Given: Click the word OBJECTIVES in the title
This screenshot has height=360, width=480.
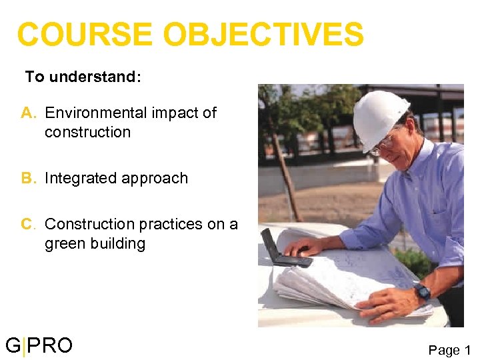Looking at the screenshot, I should click(x=263, y=35).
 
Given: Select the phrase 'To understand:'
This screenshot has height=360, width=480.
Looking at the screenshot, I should click(x=83, y=77).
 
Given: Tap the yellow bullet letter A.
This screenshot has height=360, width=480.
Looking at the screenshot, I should click(x=28, y=113).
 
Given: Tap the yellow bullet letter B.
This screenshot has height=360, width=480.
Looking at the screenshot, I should click(x=28, y=178).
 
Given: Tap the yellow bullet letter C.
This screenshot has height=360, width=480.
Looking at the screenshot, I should click(x=28, y=224).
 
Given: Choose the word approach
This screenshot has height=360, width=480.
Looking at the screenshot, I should click(x=157, y=179).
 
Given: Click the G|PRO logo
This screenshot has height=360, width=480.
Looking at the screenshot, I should click(x=39, y=345).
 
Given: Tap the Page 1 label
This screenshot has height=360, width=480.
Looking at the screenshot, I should click(x=449, y=350).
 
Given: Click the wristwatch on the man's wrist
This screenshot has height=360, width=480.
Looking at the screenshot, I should click(x=421, y=292).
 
